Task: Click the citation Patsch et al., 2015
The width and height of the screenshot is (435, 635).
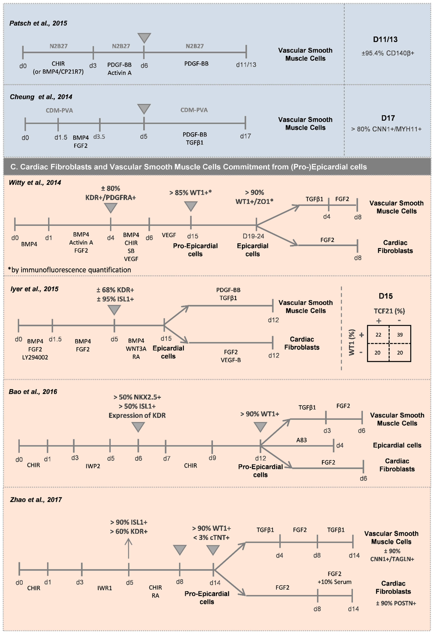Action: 38,23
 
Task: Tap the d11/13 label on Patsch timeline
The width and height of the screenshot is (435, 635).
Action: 246,65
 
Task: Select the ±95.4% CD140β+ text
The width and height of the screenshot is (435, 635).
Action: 388,53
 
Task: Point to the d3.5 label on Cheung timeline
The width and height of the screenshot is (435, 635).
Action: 99,137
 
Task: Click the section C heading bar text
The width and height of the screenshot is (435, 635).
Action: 188,167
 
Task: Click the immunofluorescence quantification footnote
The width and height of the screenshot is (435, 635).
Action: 70,270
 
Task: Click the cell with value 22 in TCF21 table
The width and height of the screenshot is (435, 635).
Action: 378,335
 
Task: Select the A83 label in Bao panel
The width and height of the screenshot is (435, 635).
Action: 301,440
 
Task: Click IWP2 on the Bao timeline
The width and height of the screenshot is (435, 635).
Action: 93,466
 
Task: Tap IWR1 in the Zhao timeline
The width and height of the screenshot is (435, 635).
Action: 105,588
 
